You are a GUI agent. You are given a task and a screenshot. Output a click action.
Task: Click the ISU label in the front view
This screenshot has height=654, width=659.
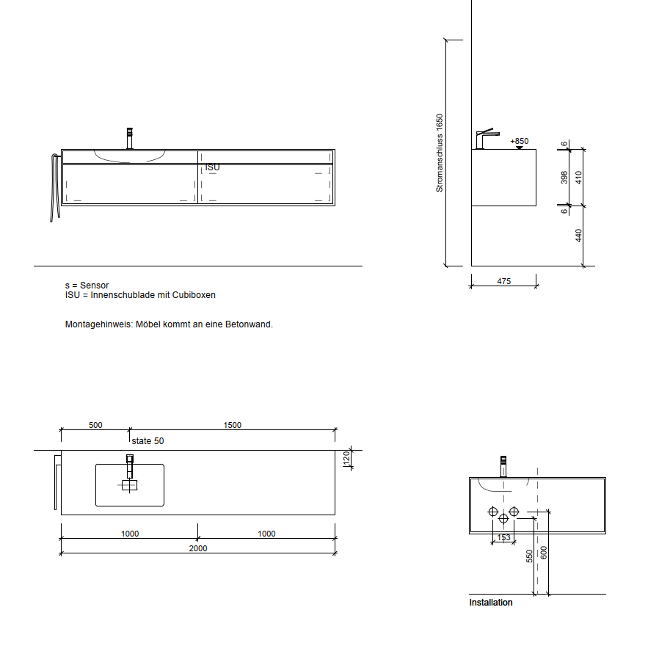pyautogui.click(x=212, y=167)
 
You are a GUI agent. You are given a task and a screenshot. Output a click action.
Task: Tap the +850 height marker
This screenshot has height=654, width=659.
pyautogui.click(x=520, y=141)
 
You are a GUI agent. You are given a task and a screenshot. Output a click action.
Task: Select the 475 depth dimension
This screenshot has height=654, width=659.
pyautogui.click(x=504, y=281)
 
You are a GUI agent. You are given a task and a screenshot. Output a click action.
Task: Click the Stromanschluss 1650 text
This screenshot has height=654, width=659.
pyautogui.click(x=440, y=153)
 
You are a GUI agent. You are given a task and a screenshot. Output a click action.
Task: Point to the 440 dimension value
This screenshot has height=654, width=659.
pyautogui.click(x=579, y=236)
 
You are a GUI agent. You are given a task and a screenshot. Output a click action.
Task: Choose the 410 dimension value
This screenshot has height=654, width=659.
pyautogui.click(x=579, y=178)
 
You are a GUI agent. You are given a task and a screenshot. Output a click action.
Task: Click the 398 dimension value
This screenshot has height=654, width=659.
pyautogui.click(x=564, y=178)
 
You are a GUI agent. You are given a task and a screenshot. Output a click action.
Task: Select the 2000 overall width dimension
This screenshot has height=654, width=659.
pyautogui.click(x=198, y=548)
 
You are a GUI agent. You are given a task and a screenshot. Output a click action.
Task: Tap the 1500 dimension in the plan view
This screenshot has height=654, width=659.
pyautogui.click(x=233, y=425)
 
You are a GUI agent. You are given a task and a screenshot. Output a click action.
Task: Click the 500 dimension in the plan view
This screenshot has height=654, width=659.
pyautogui.click(x=95, y=425)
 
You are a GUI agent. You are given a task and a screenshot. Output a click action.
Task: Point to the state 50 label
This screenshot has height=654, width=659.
pyautogui.click(x=148, y=441)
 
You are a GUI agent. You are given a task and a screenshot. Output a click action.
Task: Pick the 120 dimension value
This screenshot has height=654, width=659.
pyautogui.click(x=346, y=458)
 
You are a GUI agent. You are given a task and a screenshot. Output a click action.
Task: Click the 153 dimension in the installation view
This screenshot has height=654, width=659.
pyautogui.click(x=503, y=537)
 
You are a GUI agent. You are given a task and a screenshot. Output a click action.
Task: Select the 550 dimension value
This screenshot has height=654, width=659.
pyautogui.click(x=530, y=556)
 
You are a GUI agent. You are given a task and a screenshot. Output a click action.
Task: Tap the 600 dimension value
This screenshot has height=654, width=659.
pyautogui.click(x=544, y=553)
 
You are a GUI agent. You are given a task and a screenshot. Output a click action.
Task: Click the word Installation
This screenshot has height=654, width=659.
pyautogui.click(x=491, y=603)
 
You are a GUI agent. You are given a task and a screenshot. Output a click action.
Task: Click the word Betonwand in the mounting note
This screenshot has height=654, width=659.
pyautogui.click(x=249, y=324)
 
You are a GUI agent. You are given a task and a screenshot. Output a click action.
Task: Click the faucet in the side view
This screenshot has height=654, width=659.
pyautogui.click(x=487, y=139)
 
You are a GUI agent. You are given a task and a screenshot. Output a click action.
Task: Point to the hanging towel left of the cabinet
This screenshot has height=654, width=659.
pyautogui.click(x=55, y=187)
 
